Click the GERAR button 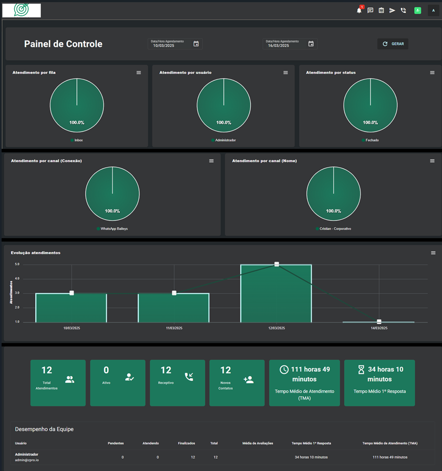click(393, 44)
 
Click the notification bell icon click(359, 11)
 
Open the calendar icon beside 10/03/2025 click(196, 44)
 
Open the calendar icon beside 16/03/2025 click(311, 44)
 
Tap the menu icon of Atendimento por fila click(139, 73)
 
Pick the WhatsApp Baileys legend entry click(114, 229)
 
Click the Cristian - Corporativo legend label click(335, 229)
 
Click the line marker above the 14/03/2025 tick click(379, 322)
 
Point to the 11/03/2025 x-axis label click(174, 328)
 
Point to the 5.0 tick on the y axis click(17, 264)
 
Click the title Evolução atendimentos click(36, 253)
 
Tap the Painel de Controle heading click(63, 44)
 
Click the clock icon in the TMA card click(284, 370)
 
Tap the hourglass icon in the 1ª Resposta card click(361, 370)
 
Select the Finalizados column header click(186, 443)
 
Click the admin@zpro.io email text click(27, 460)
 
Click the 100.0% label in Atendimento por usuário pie click(224, 122)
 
